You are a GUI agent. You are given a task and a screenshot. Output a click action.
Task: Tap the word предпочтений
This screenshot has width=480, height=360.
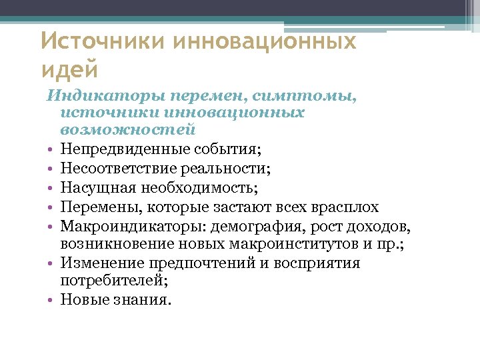197,263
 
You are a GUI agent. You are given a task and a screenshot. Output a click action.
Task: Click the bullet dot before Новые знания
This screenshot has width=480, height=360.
50,301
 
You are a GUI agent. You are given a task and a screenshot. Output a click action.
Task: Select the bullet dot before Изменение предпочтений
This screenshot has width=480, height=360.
50,263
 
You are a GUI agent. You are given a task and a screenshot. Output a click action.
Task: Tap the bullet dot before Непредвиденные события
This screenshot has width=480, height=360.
50,148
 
